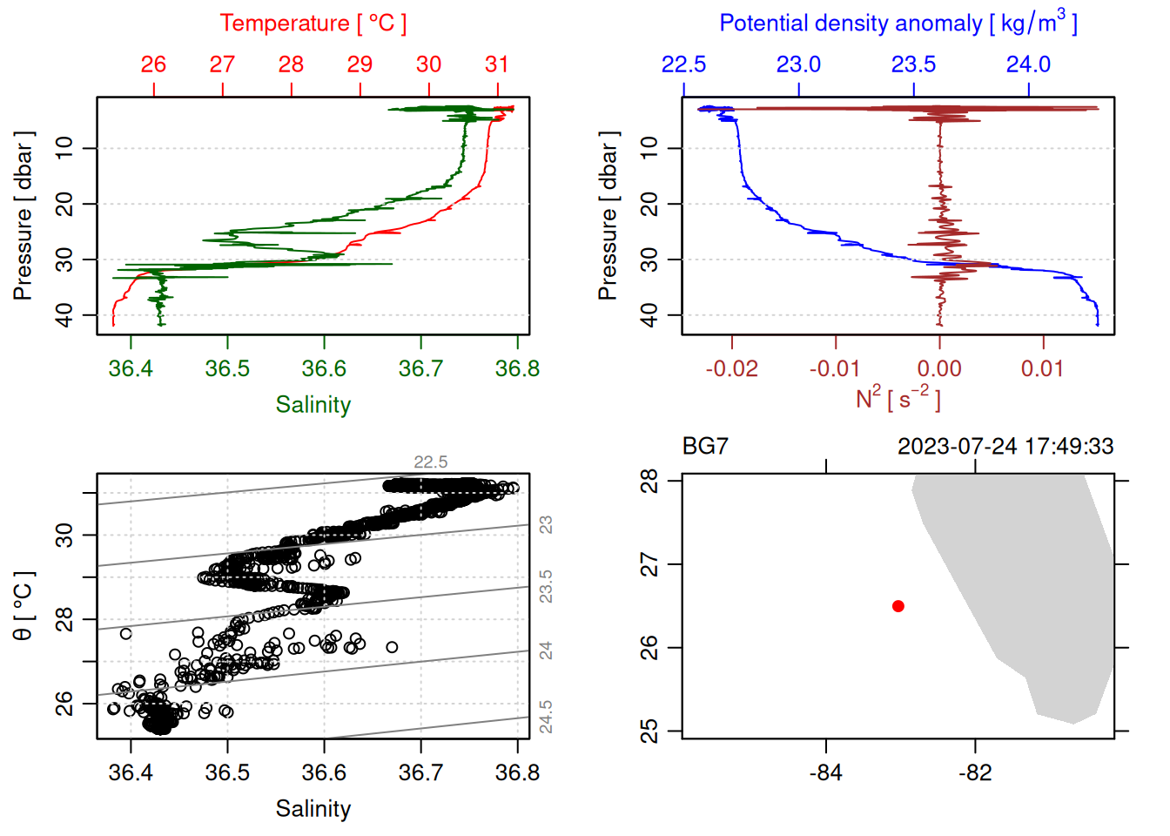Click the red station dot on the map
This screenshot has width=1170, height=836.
(898, 606)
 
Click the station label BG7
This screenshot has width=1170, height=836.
(705, 447)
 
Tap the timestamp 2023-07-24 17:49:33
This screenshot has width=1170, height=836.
(1005, 447)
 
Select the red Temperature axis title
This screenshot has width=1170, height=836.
(313, 24)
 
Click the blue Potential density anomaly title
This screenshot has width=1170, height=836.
(898, 24)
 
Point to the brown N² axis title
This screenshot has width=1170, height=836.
(898, 398)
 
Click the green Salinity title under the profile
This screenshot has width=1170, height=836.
(313, 405)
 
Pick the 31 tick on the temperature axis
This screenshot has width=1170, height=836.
(497, 64)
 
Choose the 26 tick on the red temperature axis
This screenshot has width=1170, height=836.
(153, 64)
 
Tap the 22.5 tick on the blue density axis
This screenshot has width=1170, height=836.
(683, 64)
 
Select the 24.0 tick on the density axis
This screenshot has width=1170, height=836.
(1028, 64)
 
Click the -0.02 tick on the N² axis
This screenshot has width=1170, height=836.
(731, 368)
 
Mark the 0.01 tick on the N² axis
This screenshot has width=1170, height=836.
(1042, 368)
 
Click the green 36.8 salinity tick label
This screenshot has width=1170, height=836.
(517, 368)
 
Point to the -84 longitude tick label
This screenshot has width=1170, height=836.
(825, 773)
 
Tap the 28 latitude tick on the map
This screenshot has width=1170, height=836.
(649, 481)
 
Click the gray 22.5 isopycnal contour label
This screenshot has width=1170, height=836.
(431, 462)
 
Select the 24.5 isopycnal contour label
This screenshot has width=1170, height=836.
(546, 716)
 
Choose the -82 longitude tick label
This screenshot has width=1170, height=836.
(974, 773)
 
